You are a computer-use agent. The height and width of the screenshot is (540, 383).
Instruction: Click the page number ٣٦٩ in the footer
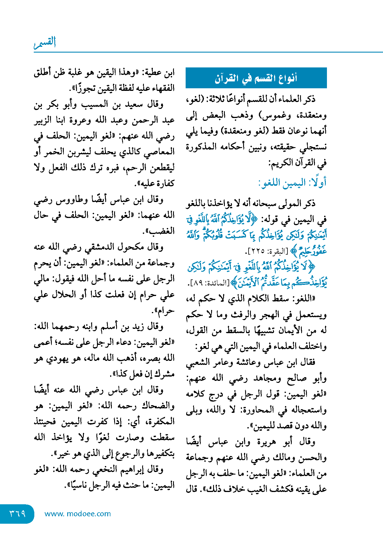pos(17,513)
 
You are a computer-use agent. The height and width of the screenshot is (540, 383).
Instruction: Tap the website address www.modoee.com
pos(78,514)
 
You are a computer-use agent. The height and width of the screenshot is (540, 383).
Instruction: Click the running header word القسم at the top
pos(45,42)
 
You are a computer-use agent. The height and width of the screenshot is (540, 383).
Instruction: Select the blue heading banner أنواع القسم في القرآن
pos(256,78)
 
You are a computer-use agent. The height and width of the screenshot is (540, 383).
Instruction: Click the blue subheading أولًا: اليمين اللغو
pos(292,183)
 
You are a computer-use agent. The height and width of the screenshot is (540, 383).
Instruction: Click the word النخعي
pos(103,469)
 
